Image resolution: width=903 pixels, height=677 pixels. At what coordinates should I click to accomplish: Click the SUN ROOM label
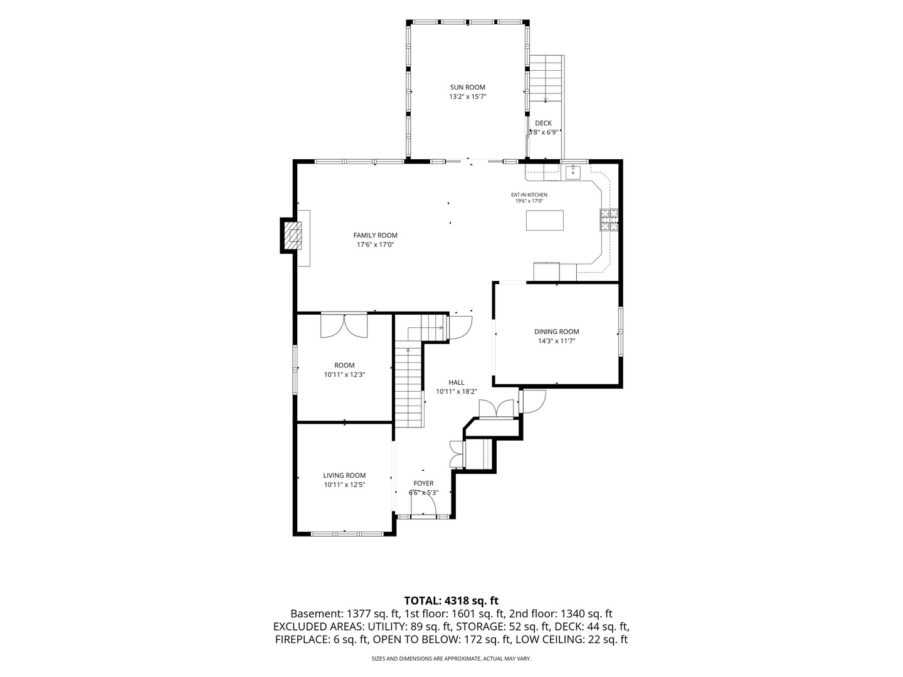click(x=467, y=87)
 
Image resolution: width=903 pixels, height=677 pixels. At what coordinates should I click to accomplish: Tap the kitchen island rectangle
click(x=545, y=220)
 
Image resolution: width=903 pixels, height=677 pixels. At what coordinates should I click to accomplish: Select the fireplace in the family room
click(x=291, y=236)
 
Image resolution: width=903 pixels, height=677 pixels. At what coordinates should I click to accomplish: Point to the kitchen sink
click(x=573, y=172)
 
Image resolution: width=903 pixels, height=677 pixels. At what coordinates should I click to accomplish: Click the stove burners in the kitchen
click(x=609, y=219)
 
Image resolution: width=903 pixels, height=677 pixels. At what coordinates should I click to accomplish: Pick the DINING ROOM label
click(x=557, y=332)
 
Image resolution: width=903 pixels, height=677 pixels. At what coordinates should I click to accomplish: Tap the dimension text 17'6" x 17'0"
click(x=375, y=244)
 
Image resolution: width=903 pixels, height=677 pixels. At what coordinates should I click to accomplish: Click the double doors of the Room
click(x=344, y=325)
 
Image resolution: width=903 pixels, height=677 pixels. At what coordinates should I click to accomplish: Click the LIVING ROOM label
click(x=344, y=476)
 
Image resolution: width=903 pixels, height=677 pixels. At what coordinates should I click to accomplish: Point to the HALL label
click(x=457, y=382)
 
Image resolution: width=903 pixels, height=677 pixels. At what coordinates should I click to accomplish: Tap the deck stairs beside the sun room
click(x=546, y=78)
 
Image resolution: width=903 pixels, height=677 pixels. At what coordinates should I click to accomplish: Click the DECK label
click(x=544, y=123)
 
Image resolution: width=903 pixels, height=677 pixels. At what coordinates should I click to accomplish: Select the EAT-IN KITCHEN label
click(x=529, y=195)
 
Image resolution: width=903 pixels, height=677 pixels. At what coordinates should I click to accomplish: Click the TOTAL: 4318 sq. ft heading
click(x=451, y=601)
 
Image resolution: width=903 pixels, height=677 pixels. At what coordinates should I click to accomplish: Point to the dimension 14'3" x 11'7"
click(x=557, y=341)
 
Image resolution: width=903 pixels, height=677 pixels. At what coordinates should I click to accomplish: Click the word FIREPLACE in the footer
click(x=302, y=639)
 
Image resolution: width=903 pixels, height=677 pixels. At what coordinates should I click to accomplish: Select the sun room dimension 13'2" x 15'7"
click(x=467, y=97)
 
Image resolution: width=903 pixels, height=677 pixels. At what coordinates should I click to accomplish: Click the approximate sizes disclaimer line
click(x=451, y=658)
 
